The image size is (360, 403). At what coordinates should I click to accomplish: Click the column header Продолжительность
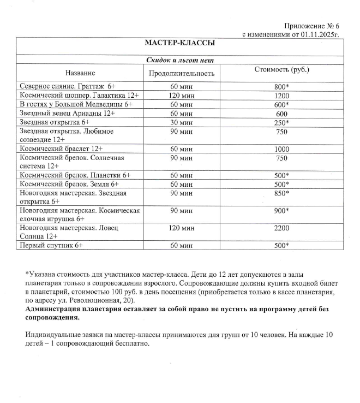pos(182,73)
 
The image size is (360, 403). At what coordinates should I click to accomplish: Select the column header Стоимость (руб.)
pos(282,70)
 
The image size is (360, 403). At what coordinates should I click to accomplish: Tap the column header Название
pos(80,73)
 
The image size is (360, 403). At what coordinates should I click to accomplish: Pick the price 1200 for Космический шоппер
pos(282,95)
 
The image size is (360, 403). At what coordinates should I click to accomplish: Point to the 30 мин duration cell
pos(182,122)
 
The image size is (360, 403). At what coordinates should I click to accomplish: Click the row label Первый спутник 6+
pos(51,245)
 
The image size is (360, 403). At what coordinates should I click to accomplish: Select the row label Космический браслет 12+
pos(61,149)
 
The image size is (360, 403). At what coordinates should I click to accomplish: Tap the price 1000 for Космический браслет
pos(282,149)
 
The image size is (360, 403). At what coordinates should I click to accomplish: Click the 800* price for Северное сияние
pos(282,86)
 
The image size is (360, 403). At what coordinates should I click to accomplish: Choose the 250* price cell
pos(282,122)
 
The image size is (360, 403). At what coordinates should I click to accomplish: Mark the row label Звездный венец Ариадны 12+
pos(67,113)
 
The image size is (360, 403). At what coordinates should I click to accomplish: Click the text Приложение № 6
pos(312,26)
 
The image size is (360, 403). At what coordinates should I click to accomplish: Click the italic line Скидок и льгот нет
pos(180,60)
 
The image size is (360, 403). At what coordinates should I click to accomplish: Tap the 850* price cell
pos(282,193)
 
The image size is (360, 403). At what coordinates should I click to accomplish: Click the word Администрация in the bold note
pos(51,309)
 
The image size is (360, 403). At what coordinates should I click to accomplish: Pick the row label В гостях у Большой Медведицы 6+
pos(76,104)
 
